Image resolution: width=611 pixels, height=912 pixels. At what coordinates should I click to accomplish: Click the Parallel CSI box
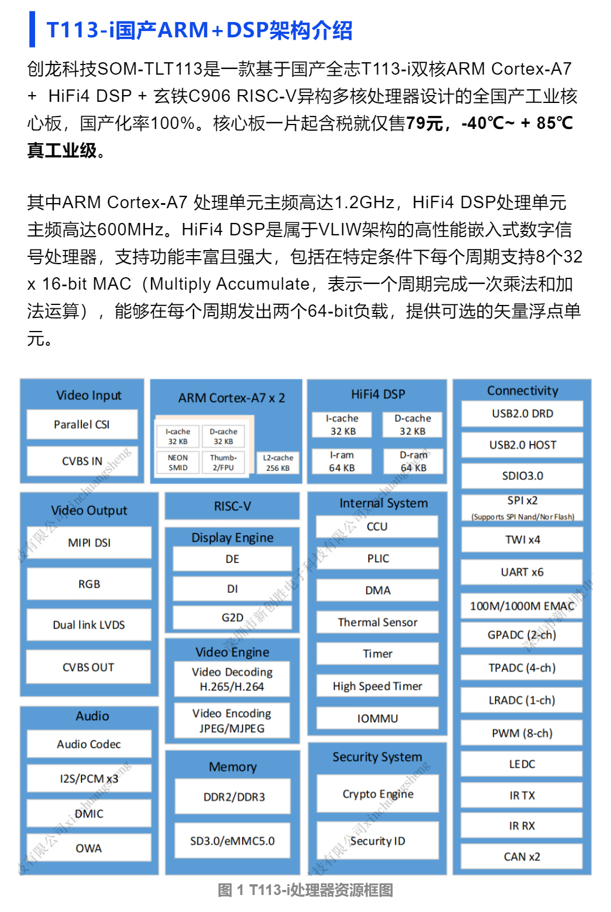tap(82, 424)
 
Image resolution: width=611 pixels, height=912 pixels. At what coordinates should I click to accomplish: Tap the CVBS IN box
tap(82, 461)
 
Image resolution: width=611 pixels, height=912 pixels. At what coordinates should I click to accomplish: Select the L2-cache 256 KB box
tap(278, 463)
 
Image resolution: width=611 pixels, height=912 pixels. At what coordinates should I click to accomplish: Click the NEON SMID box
tap(178, 463)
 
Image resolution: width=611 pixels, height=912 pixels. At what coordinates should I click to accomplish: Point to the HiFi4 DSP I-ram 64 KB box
tap(342, 462)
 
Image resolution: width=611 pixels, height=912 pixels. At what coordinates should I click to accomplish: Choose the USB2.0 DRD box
tap(522, 414)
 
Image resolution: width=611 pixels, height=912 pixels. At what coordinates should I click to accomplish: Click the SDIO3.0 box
tap(522, 476)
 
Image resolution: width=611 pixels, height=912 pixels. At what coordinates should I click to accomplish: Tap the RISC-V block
tap(232, 506)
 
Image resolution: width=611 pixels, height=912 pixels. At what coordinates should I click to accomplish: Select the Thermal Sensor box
tap(377, 622)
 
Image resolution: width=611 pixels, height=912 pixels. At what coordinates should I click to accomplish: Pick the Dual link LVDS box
tap(89, 625)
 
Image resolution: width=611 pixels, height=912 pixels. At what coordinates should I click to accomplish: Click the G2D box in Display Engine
tap(232, 617)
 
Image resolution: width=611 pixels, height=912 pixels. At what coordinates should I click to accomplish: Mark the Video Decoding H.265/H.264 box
tap(232, 679)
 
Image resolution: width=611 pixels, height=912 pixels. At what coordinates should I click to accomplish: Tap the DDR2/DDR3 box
tap(234, 797)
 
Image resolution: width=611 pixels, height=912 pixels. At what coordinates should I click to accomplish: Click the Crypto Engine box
tap(377, 794)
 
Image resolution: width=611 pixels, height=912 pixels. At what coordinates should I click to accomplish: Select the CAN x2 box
tap(522, 857)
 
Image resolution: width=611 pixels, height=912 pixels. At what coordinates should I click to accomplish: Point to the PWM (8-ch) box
tap(522, 733)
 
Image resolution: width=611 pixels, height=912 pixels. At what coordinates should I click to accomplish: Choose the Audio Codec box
tap(89, 744)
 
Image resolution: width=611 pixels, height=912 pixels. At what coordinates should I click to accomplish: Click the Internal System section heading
tap(383, 503)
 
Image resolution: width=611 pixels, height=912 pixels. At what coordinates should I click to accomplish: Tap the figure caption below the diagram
tap(305, 890)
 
